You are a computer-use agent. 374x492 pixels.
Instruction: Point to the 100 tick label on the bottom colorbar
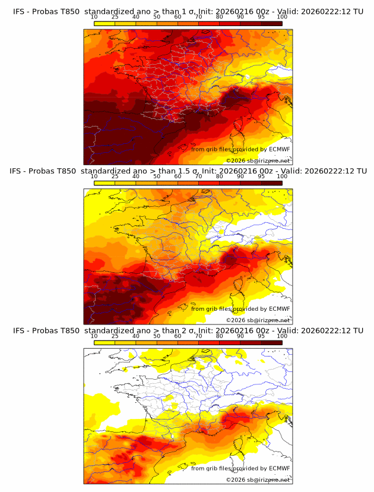point(282,336)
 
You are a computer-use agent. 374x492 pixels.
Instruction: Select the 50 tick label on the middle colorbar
point(157,176)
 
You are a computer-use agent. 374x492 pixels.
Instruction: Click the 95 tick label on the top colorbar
point(261,17)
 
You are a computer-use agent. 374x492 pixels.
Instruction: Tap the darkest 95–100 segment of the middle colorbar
point(271,183)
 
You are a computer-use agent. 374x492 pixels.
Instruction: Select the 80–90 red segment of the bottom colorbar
point(230,343)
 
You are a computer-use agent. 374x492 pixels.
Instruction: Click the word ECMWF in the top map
point(279,149)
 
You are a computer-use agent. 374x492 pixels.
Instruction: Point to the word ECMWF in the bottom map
point(279,468)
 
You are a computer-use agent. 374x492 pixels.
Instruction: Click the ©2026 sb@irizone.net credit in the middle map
point(258,320)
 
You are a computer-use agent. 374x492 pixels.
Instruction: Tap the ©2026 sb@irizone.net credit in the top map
point(258,160)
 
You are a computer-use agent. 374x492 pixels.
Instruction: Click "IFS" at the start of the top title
point(20,11)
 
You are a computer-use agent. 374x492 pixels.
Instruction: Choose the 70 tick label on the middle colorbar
point(198,176)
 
